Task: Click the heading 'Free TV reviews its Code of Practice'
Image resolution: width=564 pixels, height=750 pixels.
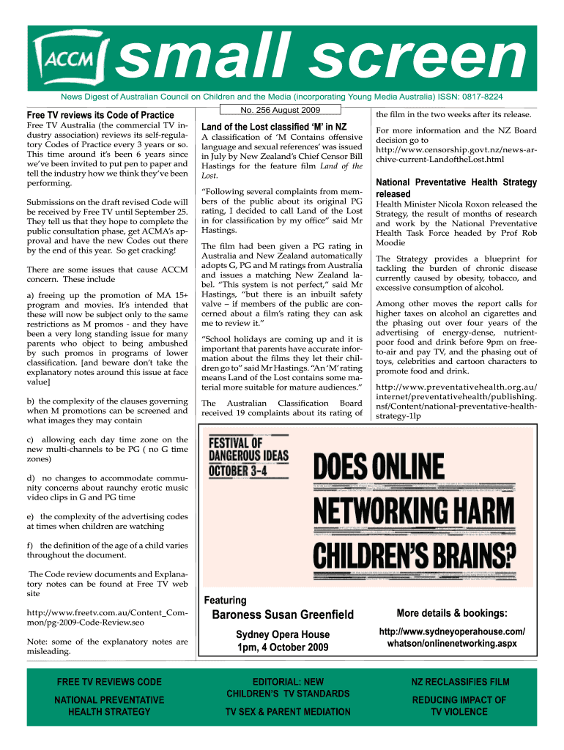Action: [100, 115]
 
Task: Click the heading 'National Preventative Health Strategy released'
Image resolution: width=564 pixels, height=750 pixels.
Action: [456, 188]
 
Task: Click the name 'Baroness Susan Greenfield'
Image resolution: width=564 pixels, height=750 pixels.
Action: [282, 615]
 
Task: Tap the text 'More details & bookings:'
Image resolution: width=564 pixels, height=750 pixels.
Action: [452, 613]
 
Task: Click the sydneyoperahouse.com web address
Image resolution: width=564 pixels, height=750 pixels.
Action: [452, 637]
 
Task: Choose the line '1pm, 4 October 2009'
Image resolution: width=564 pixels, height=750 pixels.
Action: [282, 647]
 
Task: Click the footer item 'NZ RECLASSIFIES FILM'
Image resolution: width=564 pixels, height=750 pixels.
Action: [459, 682]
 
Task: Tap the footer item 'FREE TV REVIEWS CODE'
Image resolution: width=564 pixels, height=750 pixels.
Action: [109, 682]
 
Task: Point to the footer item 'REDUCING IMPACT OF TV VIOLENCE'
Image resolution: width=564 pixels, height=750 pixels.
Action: [459, 705]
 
